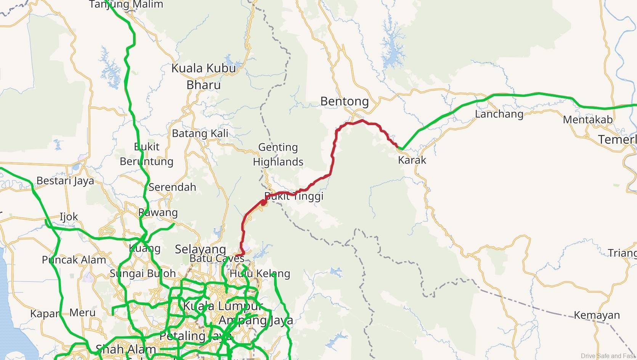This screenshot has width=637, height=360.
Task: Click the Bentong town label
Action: pyautogui.click(x=344, y=101)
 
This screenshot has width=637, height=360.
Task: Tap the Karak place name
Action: pyautogui.click(x=412, y=160)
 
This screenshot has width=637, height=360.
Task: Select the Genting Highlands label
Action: pyautogui.click(x=278, y=154)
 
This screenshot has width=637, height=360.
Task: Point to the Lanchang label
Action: pyautogui.click(x=499, y=114)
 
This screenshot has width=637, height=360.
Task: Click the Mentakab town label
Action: pyautogui.click(x=587, y=120)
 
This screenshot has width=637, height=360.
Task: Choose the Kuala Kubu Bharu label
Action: pyautogui.click(x=204, y=76)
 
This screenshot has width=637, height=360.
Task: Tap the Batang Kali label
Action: pyautogui.click(x=200, y=133)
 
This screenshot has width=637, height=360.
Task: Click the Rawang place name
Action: pyautogui.click(x=158, y=212)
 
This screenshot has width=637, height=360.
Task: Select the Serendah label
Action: pyautogui.click(x=172, y=187)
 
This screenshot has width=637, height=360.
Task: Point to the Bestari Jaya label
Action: pyautogui.click(x=65, y=181)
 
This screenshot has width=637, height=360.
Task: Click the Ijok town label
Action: pyautogui.click(x=69, y=217)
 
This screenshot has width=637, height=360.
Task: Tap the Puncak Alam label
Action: pyautogui.click(x=74, y=260)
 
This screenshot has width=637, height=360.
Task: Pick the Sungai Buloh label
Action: pyautogui.click(x=143, y=273)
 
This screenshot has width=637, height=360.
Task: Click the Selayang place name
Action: pyautogui.click(x=201, y=249)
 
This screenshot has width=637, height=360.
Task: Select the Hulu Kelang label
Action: pyautogui.click(x=260, y=273)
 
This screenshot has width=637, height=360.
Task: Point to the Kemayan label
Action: pyautogui.click(x=597, y=315)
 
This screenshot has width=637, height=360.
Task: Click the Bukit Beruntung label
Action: pyautogui.click(x=146, y=154)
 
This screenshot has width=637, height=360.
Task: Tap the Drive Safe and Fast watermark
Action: pyautogui.click(x=608, y=356)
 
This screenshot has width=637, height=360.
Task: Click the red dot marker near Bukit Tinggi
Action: pyautogui.click(x=263, y=202)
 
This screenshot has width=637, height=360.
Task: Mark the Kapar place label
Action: pyautogui.click(x=44, y=313)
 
